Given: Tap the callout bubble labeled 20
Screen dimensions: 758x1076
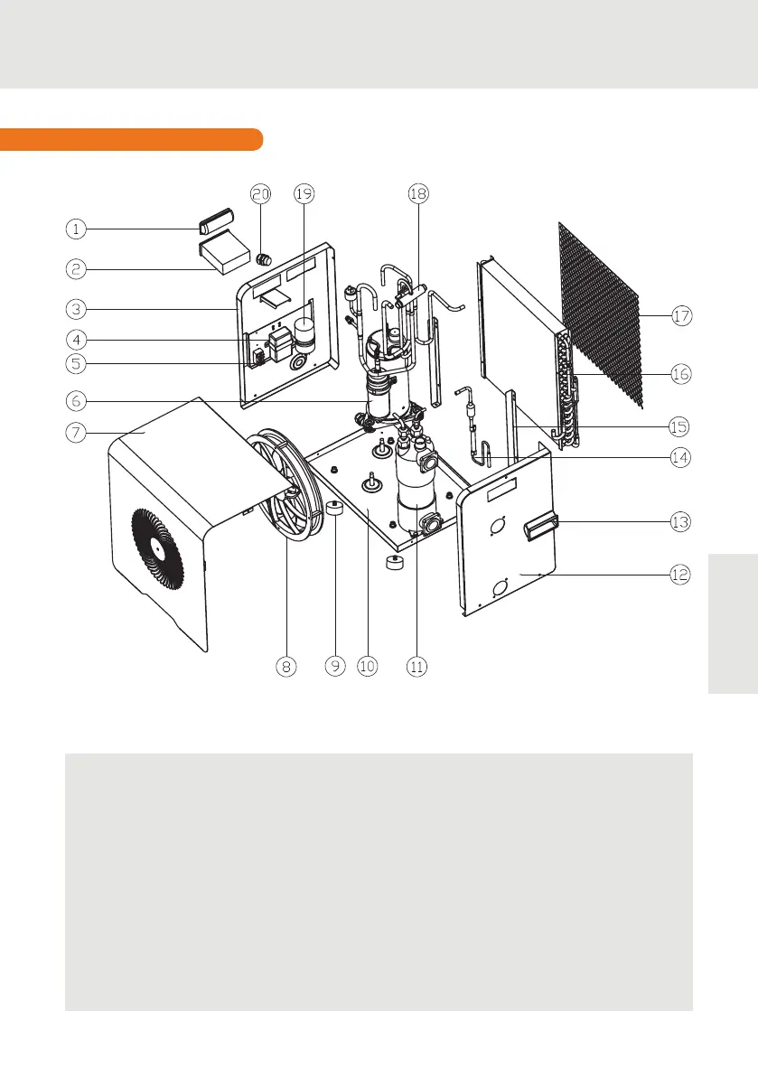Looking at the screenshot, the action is tap(261, 193).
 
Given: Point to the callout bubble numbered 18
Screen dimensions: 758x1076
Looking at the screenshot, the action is tap(417, 193).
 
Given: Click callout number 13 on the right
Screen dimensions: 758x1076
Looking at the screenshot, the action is tap(680, 521).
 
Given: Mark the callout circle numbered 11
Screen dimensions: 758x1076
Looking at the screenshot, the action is tap(416, 666).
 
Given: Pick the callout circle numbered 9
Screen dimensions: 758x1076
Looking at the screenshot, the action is tap(334, 666).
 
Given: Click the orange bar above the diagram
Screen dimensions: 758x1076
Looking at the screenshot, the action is tap(132, 139).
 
